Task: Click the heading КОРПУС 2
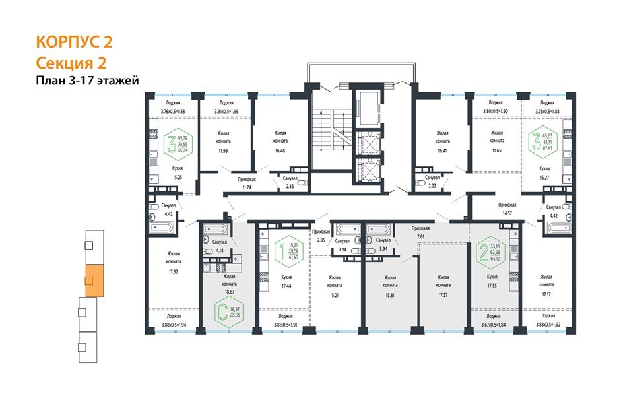coord(73,42)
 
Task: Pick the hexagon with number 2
coord(490,251)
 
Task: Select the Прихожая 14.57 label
coord(507,209)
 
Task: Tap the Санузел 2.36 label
coord(291,183)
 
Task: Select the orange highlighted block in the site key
coord(94,280)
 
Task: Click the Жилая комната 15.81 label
coord(389,282)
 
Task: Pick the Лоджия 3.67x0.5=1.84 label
coord(490,320)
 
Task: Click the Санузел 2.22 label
coord(432,182)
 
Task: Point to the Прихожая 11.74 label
coord(248,183)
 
